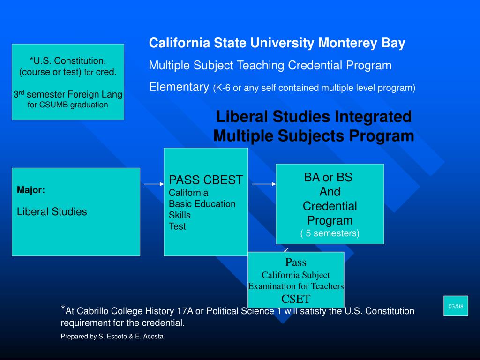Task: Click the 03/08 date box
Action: (x=456, y=306)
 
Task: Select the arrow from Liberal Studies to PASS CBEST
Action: (x=154, y=184)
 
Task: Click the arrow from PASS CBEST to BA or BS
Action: (x=264, y=184)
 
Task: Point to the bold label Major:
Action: (x=31, y=190)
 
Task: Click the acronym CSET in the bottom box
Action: (x=296, y=299)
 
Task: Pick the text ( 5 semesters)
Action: (x=330, y=233)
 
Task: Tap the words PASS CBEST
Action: (x=206, y=180)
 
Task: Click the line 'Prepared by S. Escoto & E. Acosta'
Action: (x=112, y=337)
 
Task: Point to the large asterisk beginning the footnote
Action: (x=63, y=308)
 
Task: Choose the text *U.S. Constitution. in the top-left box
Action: (x=67, y=61)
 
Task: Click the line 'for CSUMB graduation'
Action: (x=67, y=105)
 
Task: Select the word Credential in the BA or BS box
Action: (x=330, y=206)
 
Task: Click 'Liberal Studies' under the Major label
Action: (x=52, y=211)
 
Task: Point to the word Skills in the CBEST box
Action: (x=180, y=215)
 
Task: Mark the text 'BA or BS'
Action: (x=328, y=177)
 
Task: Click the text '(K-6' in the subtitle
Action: (x=222, y=88)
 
